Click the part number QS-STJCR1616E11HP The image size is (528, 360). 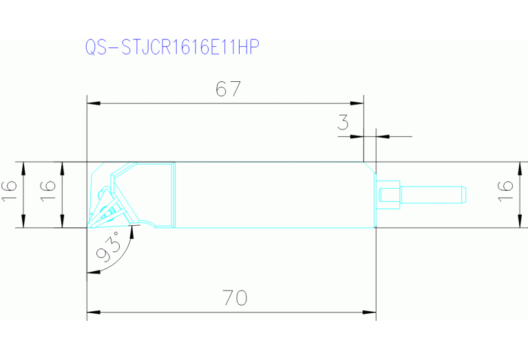pos(173,47)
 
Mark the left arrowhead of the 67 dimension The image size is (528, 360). pos(92,104)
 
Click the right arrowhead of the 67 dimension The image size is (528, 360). pos(359,104)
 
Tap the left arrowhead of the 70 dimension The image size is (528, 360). pos(92,313)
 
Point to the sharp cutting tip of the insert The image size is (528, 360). pos(87,226)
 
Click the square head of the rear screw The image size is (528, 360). pos(388,193)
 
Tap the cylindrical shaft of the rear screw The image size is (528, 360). pos(434,193)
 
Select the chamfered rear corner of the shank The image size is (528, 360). pos(370,167)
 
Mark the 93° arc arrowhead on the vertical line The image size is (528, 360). pos(90,271)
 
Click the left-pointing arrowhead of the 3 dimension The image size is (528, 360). pos(381,136)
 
